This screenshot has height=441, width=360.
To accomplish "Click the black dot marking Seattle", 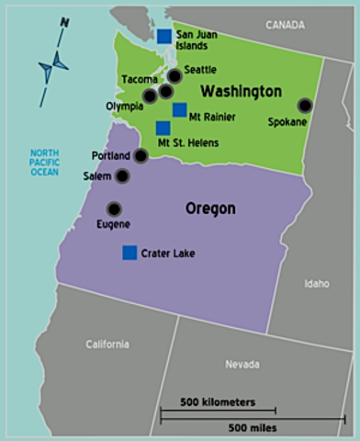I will point(175,76).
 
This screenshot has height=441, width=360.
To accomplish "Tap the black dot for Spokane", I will point(305,106).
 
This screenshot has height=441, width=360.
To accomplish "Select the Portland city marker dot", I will point(141,156).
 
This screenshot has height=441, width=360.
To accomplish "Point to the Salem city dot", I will point(122,175).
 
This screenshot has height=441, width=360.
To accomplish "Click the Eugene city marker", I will point(114,209).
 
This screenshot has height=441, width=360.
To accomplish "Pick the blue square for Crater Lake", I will point(129,252).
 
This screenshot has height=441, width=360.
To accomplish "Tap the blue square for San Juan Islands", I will point(163,36).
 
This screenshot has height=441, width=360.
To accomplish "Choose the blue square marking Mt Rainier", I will point(179,109).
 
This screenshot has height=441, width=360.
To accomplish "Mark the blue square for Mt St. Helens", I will point(163,128).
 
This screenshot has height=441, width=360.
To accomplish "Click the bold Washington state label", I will point(241,92).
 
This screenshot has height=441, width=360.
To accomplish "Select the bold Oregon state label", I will point(210,209).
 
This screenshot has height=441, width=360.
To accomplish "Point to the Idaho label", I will point(316,283).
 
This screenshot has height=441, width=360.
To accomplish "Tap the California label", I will point(107,345).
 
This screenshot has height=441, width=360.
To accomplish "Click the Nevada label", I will point(242,365).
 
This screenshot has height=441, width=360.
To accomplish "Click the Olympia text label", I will point(124,106).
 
